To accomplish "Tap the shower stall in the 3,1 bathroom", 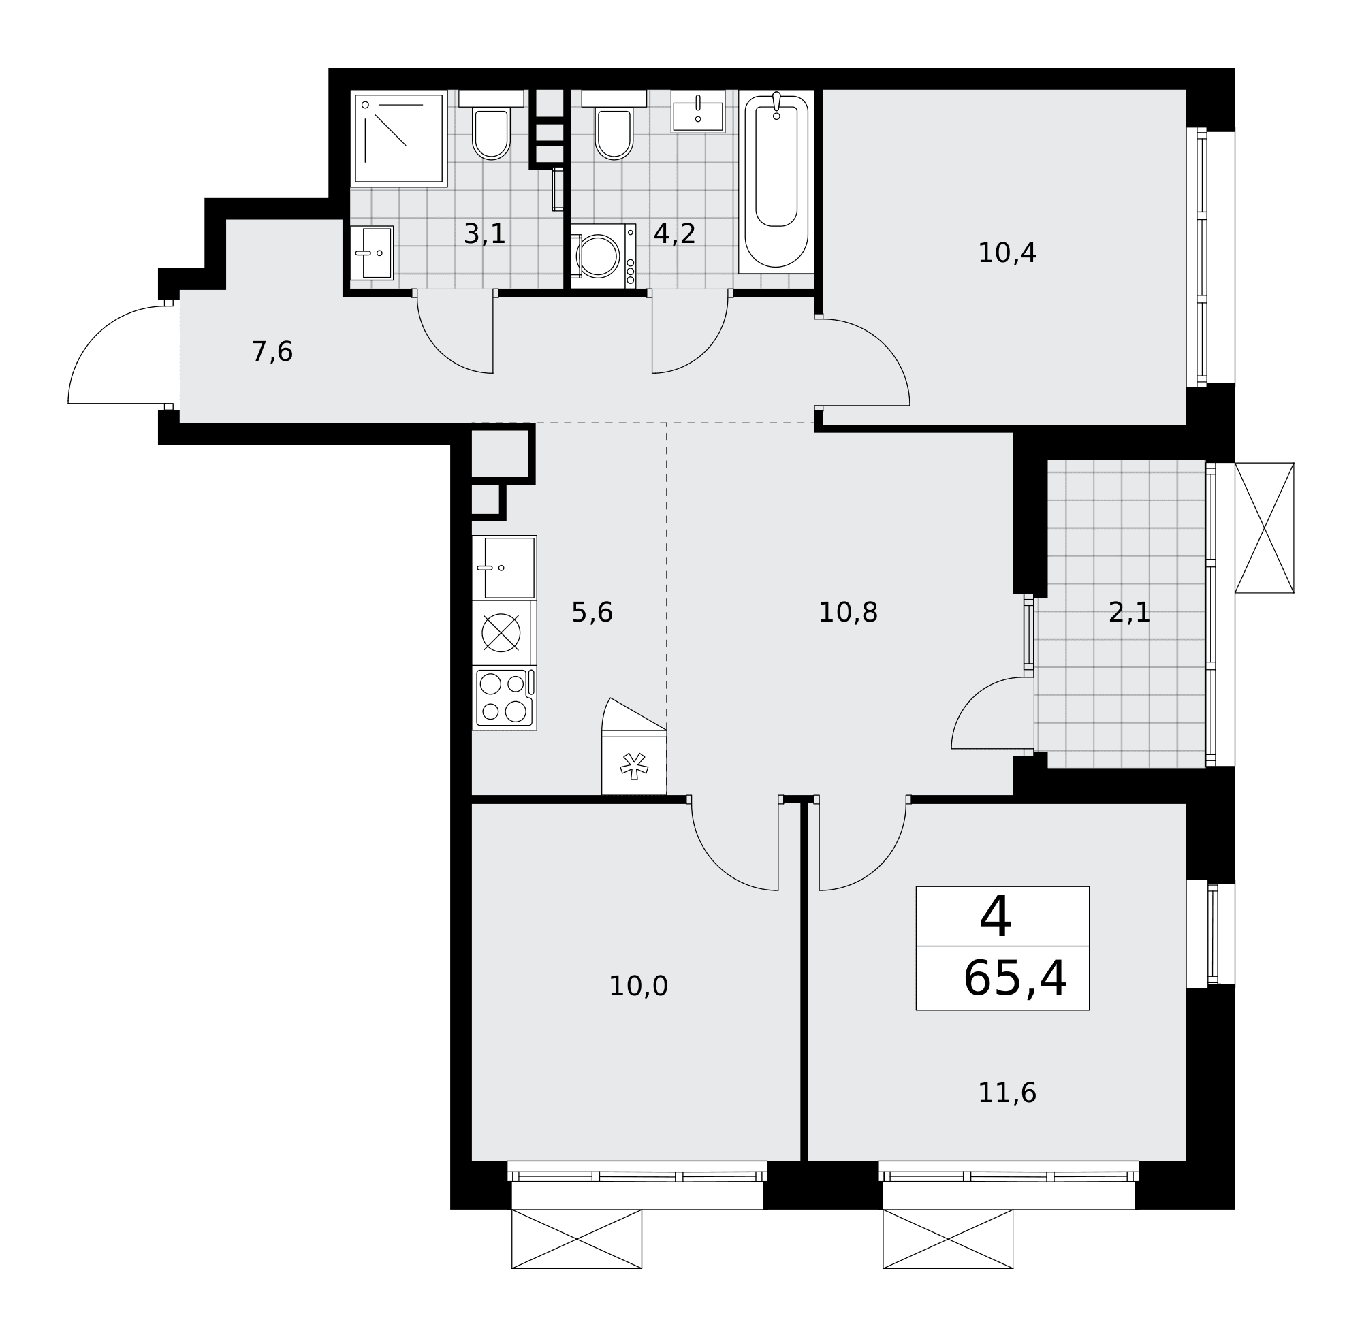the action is pos(399,138).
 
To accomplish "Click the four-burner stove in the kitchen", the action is pos(505,697).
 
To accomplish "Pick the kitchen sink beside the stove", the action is pos(505,568).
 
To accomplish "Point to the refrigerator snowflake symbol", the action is pos(633,766).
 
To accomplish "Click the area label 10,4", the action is pos(1007,253).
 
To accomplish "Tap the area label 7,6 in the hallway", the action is pos(272,352).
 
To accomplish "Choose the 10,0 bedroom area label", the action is pos(638,986).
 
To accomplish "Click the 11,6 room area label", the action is pos(1007,1093).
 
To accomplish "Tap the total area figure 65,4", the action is pos(1015,979).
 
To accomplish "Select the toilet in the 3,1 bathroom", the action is pos(491,125).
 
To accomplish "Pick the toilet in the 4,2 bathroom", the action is pos(614,125).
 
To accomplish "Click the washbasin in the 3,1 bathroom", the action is pos(372,253).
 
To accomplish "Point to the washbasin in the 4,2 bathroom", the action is pos(697,111).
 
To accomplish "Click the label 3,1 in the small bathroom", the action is pos(485,233).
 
